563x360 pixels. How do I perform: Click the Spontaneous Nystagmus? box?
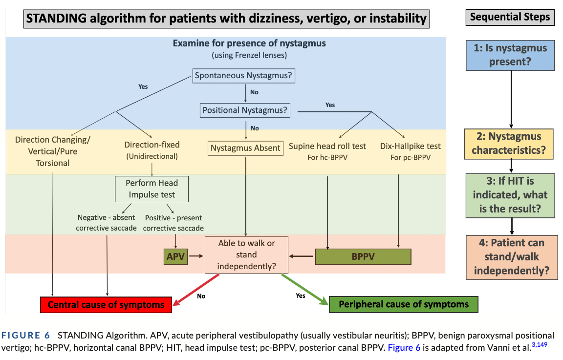(x=244, y=76)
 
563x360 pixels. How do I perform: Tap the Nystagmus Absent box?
(x=245, y=148)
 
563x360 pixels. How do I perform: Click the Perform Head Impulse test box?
(x=152, y=189)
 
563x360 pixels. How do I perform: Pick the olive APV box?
(x=175, y=255)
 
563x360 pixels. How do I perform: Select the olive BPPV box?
(x=363, y=256)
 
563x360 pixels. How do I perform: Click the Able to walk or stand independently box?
(x=246, y=254)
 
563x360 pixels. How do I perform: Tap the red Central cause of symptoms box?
(x=106, y=304)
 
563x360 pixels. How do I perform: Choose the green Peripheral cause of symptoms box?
(x=403, y=304)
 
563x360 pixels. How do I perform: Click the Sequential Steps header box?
(x=510, y=18)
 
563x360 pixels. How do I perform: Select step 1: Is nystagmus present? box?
(x=510, y=55)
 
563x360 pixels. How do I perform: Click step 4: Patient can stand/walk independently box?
(x=510, y=257)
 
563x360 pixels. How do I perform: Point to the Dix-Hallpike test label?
(x=410, y=146)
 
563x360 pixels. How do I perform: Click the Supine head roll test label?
(x=327, y=146)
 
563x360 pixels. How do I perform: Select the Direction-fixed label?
(x=152, y=145)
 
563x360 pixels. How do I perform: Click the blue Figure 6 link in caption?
(x=404, y=348)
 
